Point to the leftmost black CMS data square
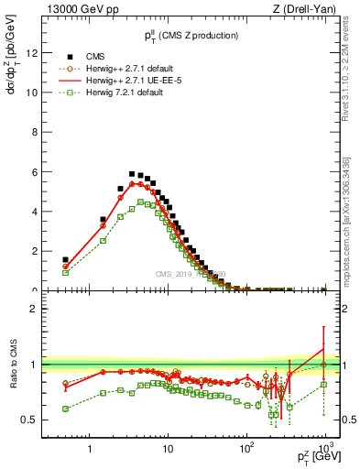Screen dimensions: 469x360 [x=65, y=259]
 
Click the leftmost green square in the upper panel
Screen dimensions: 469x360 [x=65, y=272]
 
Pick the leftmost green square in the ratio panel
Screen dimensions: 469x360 [x=65, y=409]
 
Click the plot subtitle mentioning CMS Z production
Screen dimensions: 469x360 [x=191, y=35]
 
